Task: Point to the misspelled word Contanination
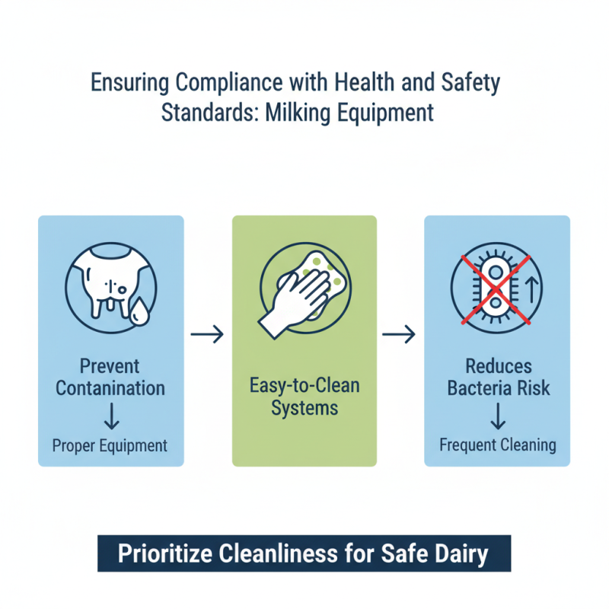click(x=111, y=388)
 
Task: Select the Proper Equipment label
click(x=111, y=445)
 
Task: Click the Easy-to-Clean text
click(x=304, y=386)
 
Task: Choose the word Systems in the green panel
click(x=304, y=408)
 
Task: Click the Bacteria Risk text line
click(x=498, y=388)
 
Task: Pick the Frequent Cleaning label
click(x=498, y=445)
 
